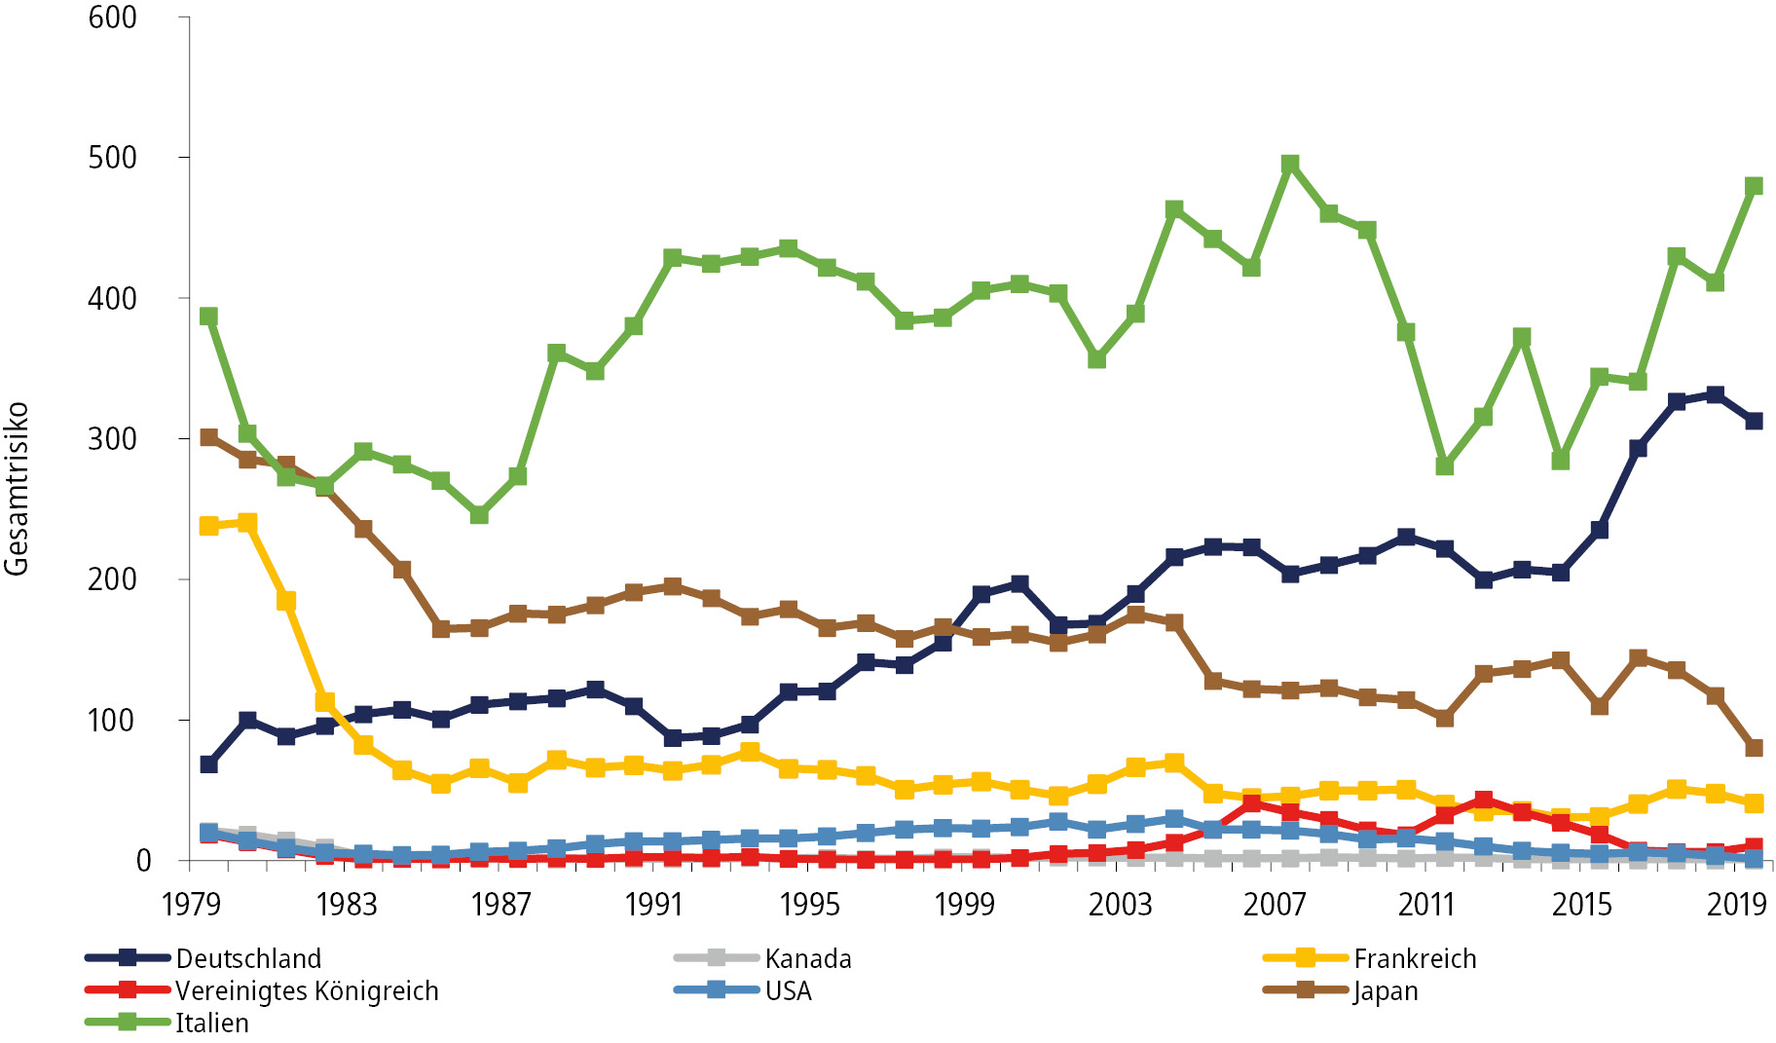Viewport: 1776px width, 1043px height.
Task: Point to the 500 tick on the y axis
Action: click(x=113, y=158)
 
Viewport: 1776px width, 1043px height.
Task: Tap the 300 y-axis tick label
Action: click(x=113, y=439)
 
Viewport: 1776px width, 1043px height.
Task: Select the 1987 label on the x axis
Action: click(x=500, y=905)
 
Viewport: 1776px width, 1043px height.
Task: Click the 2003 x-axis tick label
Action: click(x=1119, y=905)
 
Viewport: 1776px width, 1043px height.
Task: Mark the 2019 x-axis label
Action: click(x=1736, y=905)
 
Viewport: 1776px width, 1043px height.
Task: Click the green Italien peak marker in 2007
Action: click(x=1290, y=164)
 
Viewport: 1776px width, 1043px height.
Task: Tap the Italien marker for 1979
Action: click(x=208, y=317)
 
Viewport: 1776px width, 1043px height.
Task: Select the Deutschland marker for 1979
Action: click(x=208, y=764)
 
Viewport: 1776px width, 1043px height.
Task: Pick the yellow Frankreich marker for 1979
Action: click(x=208, y=526)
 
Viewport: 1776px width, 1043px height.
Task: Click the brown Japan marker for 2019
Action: click(x=1754, y=748)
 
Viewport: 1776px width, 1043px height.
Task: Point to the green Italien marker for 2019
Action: click(x=1754, y=186)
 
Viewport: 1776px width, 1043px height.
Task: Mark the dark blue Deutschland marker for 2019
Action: click(x=1754, y=421)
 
